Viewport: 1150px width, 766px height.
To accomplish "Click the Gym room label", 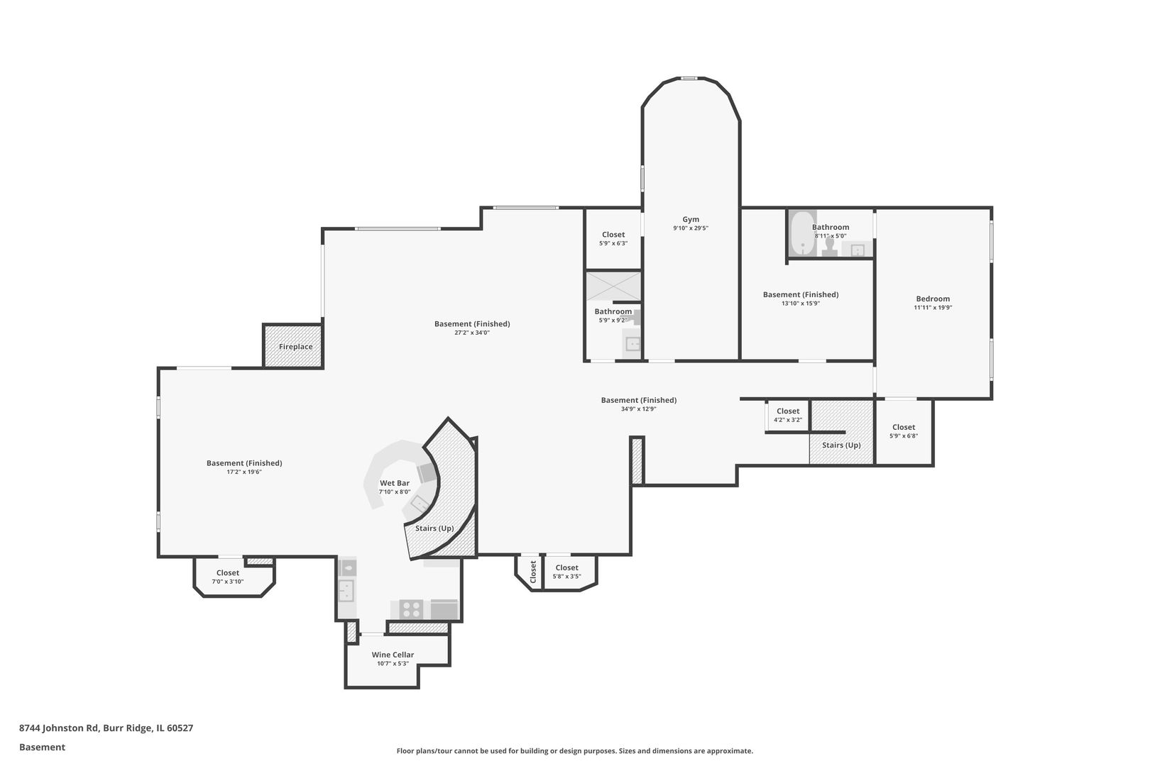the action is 691,220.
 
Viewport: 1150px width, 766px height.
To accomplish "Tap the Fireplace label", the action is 296,347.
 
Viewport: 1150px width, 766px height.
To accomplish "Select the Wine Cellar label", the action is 393,655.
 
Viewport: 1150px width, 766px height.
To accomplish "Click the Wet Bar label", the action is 395,483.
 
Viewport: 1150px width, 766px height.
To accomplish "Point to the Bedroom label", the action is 933,299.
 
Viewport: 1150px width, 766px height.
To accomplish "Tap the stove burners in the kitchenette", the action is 411,609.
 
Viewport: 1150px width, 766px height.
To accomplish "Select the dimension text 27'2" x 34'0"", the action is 472,333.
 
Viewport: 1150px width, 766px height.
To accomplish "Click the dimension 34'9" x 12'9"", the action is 639,409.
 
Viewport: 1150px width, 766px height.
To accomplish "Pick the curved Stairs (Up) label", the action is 434,528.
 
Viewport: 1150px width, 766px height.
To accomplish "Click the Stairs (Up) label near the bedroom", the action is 841,445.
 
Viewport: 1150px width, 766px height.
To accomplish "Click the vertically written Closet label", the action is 533,572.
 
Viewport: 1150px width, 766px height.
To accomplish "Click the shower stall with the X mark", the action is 613,287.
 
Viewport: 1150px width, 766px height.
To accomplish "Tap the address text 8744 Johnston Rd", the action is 58,728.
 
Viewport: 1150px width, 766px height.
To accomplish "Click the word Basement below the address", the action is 42,747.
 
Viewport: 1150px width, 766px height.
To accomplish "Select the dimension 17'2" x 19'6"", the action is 244,472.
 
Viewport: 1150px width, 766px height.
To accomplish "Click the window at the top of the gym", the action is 689,79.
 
